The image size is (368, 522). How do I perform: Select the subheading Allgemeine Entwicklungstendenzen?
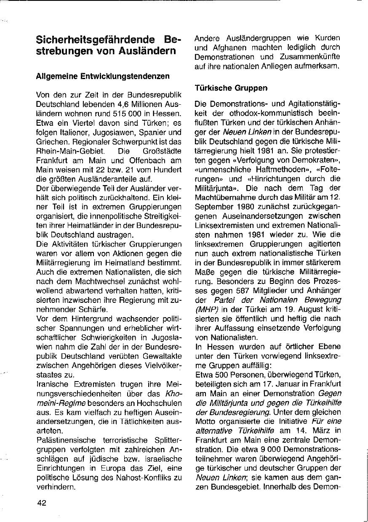click(x=103, y=77)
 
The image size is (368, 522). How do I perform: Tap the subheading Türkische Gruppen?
click(x=231, y=88)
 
